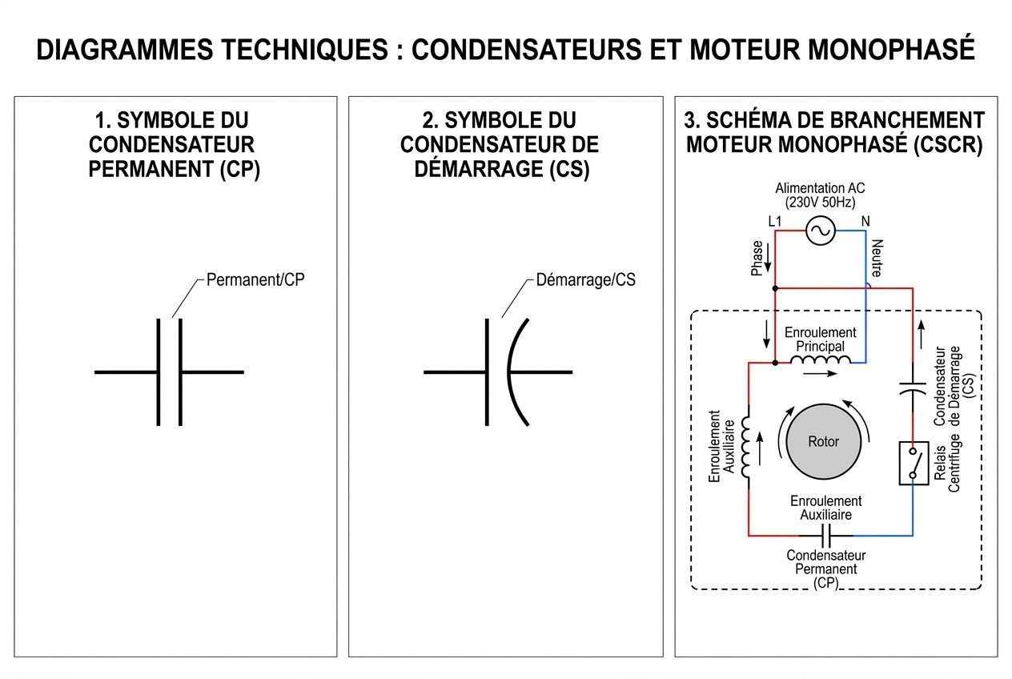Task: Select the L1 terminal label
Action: click(x=774, y=221)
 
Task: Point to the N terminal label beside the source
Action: click(x=865, y=221)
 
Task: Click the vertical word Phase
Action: click(x=757, y=259)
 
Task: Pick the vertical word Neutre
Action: click(x=877, y=258)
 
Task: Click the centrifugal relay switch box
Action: click(x=913, y=463)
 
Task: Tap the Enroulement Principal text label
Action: click(x=820, y=339)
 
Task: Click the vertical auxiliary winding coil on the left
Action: click(x=746, y=448)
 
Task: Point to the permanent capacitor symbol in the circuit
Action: click(x=828, y=535)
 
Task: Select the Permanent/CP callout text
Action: click(x=255, y=280)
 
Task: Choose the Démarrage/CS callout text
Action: click(x=585, y=280)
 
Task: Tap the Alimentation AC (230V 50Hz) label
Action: click(x=820, y=195)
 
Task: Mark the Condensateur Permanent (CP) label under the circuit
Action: click(x=825, y=569)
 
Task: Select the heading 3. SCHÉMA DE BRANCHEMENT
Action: click(x=834, y=120)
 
